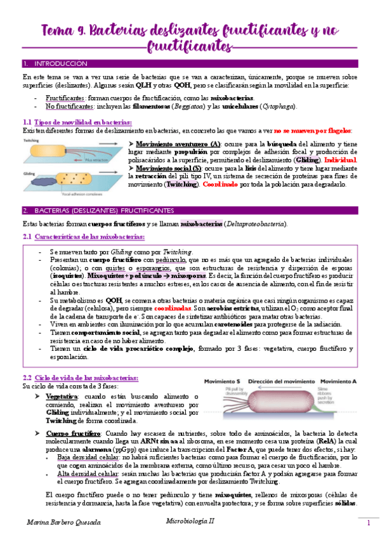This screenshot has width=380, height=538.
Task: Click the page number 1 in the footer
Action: tap(367, 523)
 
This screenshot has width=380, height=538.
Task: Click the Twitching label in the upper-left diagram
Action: tap(32, 139)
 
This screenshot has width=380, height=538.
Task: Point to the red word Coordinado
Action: tap(222, 185)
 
